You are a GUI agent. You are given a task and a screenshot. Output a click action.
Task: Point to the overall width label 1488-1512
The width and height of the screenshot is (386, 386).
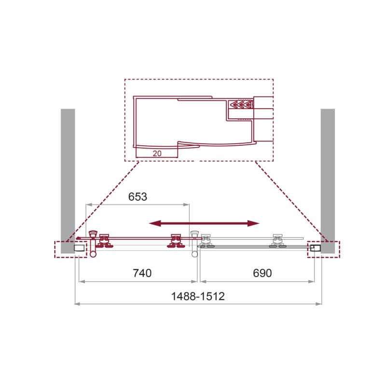pyautogui.click(x=199, y=297)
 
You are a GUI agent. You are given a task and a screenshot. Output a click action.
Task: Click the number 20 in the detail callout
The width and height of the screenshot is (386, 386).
pyautogui.click(x=156, y=153)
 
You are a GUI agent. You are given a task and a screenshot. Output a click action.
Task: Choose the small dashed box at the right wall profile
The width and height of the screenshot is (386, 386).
pyautogui.click(x=323, y=249)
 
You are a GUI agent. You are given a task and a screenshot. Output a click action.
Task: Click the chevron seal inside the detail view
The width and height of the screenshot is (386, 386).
pyautogui.click(x=241, y=104)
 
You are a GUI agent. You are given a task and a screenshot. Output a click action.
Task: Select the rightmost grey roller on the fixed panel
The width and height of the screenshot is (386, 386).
pyautogui.click(x=277, y=241)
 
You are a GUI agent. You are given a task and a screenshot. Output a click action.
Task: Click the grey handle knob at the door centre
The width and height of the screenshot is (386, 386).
pyautogui.click(x=195, y=236)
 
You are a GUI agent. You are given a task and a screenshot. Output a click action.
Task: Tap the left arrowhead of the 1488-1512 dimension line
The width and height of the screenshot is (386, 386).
pyautogui.click(x=76, y=304)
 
